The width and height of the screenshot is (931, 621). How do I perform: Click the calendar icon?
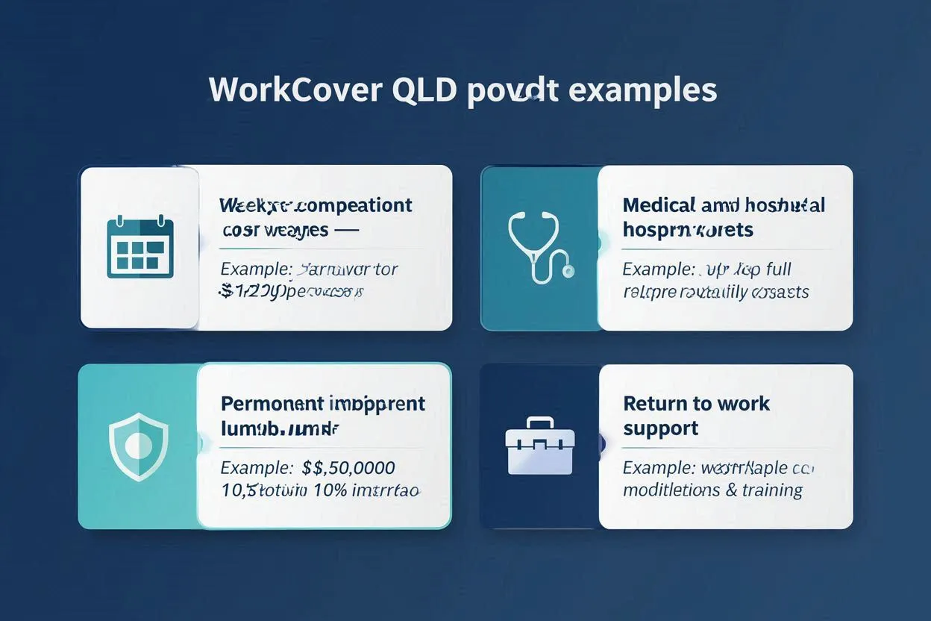[x=140, y=247]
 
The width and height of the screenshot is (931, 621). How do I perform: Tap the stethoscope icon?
[x=539, y=247]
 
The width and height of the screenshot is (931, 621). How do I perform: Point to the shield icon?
[x=138, y=446]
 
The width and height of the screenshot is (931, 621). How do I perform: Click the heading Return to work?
[x=696, y=404]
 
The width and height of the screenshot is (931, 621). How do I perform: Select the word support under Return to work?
[x=660, y=428]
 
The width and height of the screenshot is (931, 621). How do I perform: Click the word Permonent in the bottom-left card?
[x=271, y=404]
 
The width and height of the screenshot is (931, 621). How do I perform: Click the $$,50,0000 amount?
[x=348, y=469]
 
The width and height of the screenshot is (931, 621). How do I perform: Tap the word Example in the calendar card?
[x=254, y=269]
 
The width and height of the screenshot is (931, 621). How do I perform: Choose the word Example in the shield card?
[x=254, y=469]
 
